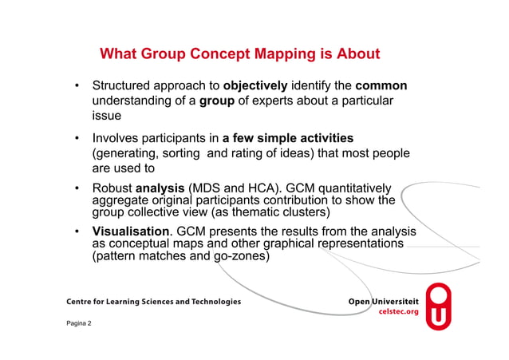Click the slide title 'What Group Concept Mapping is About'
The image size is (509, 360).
point(239,54)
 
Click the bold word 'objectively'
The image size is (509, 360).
point(254,85)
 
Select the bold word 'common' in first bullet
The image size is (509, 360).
point(381,85)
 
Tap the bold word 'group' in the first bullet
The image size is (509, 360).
point(215,101)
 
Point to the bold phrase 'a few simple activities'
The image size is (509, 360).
point(287,138)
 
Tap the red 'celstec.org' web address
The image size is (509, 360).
point(397,312)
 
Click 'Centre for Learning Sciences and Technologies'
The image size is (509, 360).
point(148,302)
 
